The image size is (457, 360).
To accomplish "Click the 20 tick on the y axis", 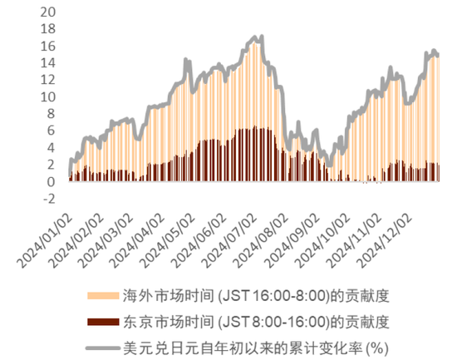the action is [x=48, y=12].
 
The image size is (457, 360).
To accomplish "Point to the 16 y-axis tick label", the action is [x=48, y=46].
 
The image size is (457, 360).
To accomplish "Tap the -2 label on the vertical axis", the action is [x=49, y=199].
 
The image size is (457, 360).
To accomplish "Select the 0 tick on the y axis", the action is [x=51, y=182].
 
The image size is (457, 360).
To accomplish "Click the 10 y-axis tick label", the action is [x=48, y=96].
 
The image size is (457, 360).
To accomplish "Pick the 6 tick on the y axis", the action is [x=51, y=131].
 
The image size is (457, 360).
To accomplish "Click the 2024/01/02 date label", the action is [x=45, y=242].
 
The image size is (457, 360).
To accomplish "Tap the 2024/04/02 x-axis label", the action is [x=139, y=242].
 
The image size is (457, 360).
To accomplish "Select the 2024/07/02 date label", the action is [x=230, y=242].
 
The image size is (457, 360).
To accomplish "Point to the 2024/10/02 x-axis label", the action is [x=323, y=242].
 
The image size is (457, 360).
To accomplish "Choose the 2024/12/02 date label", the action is [x=386, y=242].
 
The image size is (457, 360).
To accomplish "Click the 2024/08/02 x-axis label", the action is [x=262, y=242].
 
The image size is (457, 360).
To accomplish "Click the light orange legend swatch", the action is [x=103, y=296].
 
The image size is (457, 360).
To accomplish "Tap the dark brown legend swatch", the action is [x=103, y=322].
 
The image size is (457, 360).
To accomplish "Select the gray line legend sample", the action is [x=103, y=348].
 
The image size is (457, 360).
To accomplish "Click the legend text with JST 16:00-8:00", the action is [x=256, y=296].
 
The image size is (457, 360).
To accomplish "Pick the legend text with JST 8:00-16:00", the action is [x=256, y=322].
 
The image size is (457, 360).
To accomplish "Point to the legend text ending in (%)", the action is [x=256, y=348].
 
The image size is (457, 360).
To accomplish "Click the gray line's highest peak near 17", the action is [x=262, y=37].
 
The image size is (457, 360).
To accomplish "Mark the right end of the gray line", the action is [x=438, y=55].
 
